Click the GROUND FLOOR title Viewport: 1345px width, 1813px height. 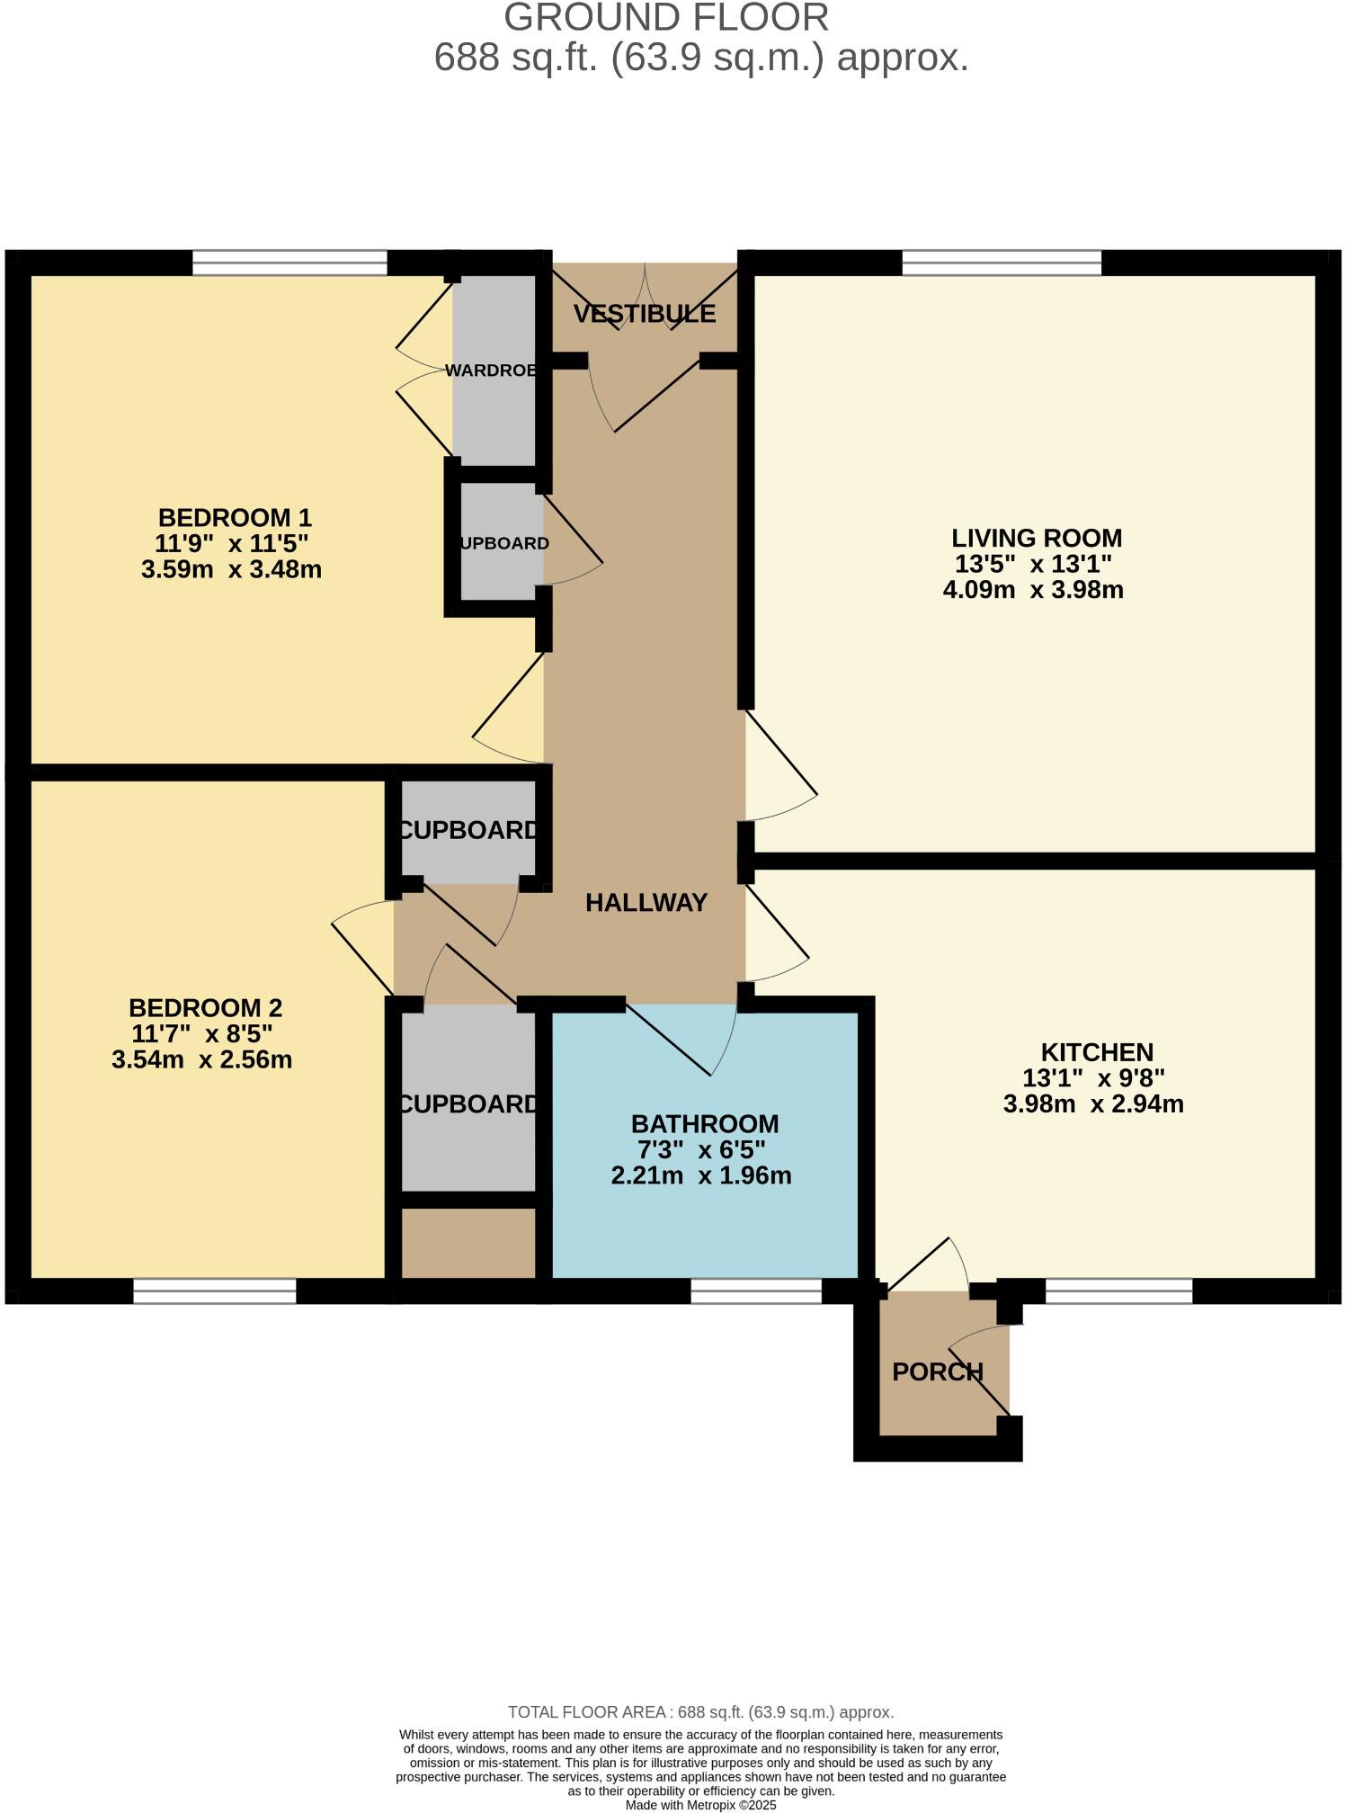[x=665, y=18]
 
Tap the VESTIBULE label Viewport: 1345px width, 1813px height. [x=645, y=314]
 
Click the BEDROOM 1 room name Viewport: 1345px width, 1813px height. [x=235, y=518]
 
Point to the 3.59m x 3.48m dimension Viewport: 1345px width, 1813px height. [x=231, y=569]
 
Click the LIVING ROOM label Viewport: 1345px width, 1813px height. [x=1037, y=538]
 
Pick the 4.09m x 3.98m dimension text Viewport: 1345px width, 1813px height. [x=1032, y=590]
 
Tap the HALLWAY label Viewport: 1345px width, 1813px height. [x=646, y=903]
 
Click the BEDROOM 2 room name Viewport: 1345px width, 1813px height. [x=205, y=1007]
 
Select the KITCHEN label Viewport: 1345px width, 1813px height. [x=1097, y=1052]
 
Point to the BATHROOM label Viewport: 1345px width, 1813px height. [x=704, y=1124]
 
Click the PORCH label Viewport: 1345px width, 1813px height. [x=938, y=1371]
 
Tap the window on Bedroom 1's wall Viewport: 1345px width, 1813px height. [x=289, y=263]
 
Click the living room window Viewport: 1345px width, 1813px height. [x=1001, y=263]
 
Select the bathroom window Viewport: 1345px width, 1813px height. [x=756, y=1291]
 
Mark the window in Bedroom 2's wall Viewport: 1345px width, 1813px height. [x=215, y=1291]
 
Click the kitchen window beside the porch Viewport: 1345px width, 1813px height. [x=1118, y=1291]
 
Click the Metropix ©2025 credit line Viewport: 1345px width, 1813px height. [x=700, y=1805]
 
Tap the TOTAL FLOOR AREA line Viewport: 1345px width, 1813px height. [x=700, y=1712]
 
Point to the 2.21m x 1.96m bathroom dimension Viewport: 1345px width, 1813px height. [x=700, y=1175]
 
